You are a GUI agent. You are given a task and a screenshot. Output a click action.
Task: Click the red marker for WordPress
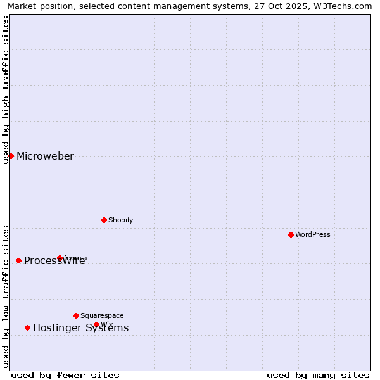[x=291, y=234]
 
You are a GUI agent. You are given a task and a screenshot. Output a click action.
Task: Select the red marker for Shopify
[x=104, y=220]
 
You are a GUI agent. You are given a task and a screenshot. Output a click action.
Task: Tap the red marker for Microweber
[x=11, y=156]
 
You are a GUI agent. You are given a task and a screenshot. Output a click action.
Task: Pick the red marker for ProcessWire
[x=18, y=260]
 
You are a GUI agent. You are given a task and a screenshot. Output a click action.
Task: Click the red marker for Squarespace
[x=76, y=315]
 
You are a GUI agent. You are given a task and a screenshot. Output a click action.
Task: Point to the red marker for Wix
[x=96, y=324]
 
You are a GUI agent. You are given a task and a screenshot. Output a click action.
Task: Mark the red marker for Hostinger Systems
[x=27, y=327]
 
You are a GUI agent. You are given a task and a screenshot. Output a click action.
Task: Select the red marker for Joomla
[x=60, y=258]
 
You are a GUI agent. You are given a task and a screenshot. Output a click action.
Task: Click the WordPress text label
[x=313, y=234]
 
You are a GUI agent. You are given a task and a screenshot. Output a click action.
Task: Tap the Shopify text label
[x=120, y=220]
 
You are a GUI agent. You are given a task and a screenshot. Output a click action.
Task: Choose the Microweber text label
[x=45, y=156]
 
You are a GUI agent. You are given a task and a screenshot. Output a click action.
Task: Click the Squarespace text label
[x=102, y=315]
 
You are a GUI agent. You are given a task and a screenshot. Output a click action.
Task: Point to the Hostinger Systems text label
[x=80, y=327]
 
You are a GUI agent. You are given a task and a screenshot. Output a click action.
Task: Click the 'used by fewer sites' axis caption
[x=65, y=375]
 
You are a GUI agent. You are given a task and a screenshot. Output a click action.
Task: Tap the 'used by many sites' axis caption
[x=318, y=375]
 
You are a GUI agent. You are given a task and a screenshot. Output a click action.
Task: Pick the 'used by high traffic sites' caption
[x=6, y=90]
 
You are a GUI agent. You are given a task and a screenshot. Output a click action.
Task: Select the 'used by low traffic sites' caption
[x=6, y=296]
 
